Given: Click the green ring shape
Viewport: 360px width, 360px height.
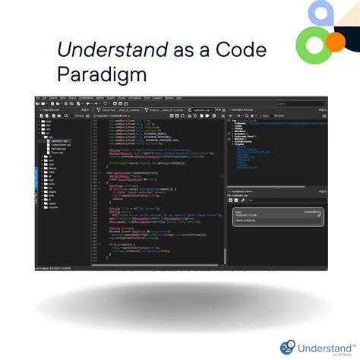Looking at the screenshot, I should point(314,44).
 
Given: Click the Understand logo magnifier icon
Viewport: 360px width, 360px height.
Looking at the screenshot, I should point(288,347).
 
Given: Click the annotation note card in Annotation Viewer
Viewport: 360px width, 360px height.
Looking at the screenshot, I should point(278,216).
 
